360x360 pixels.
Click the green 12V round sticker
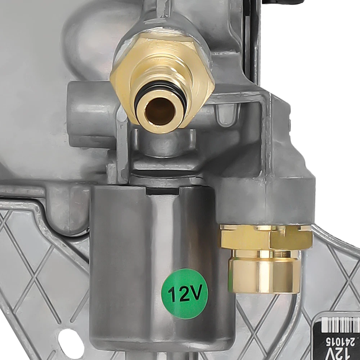tap(185, 294)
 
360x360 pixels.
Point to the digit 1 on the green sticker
tap(172, 295)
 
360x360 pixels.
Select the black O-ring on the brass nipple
tap(161, 92)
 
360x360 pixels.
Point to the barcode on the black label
tap(341, 325)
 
